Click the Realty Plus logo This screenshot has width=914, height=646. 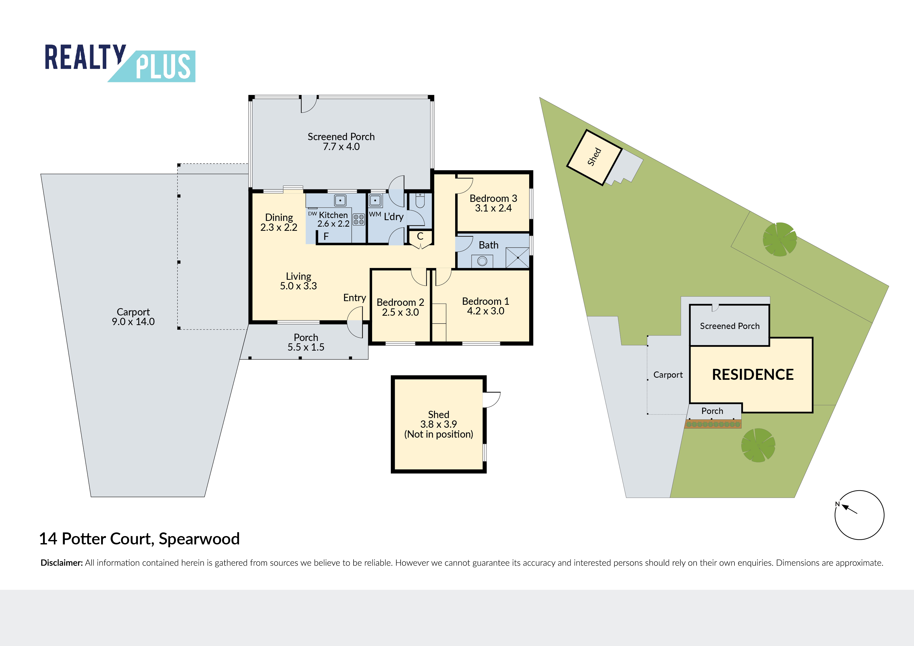point(120,63)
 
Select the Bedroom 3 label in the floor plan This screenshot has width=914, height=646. point(493,198)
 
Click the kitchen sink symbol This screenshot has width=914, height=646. point(340,200)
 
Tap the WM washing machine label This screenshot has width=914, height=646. point(375,214)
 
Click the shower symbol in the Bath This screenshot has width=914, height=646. point(517,258)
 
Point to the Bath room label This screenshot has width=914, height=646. point(489,245)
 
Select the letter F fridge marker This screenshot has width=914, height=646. point(326,237)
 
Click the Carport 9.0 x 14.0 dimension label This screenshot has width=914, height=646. point(133,317)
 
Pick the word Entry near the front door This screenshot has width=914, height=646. point(355,298)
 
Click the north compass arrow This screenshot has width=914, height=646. point(849,509)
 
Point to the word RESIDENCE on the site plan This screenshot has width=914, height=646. point(753,375)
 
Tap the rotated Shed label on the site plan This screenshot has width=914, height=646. point(594,157)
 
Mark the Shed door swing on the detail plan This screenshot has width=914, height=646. point(492,400)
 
